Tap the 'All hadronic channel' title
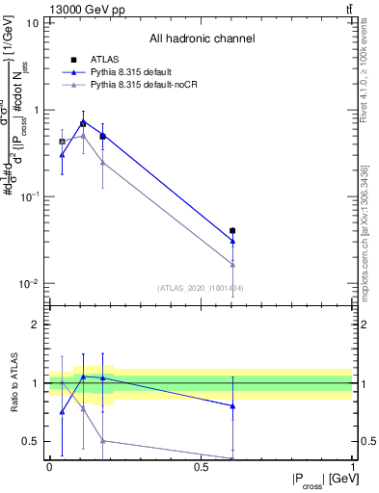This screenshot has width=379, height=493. (202, 39)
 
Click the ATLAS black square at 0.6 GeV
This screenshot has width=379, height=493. (232, 231)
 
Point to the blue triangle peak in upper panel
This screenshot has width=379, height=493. (83, 122)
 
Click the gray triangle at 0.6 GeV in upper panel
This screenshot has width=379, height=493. (232, 264)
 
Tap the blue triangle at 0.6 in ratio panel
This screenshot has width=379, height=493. (232, 406)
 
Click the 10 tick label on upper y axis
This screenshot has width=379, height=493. (31, 23)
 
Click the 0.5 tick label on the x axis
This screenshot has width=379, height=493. (202, 466)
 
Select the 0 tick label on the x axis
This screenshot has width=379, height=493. (49, 466)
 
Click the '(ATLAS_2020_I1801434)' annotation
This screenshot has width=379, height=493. (202, 288)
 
